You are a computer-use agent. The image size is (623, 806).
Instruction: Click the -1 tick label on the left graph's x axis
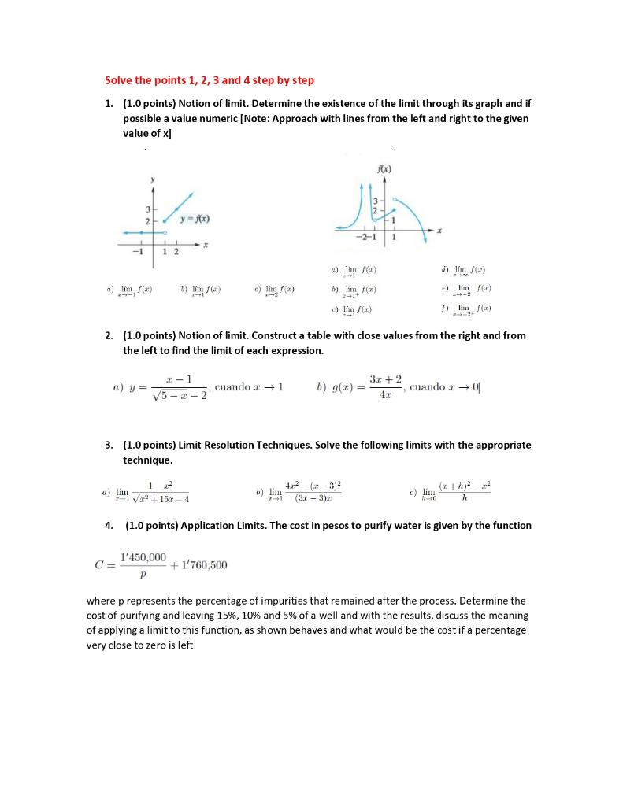[x=139, y=251]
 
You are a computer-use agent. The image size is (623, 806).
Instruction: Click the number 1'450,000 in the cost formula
[x=142, y=556]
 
